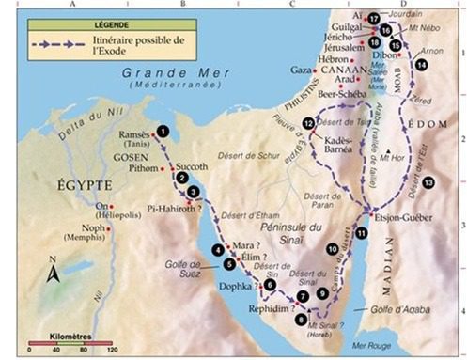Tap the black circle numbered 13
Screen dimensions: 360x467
[428, 181]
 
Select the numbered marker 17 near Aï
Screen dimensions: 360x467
[374, 18]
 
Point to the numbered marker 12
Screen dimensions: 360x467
[309, 124]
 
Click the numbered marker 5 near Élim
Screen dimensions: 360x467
[229, 265]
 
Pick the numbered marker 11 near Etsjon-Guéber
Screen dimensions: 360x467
[362, 232]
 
